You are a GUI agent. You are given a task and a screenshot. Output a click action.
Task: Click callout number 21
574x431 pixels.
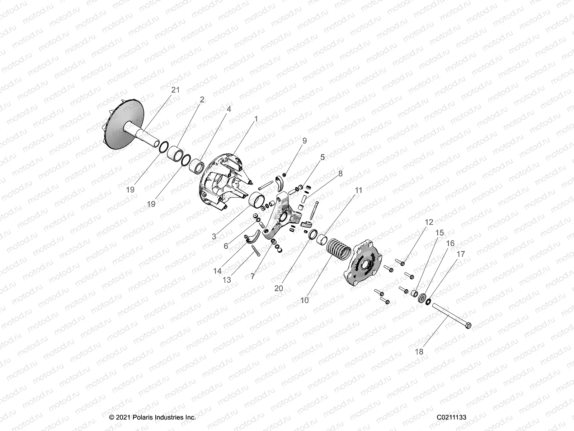(x=175, y=90)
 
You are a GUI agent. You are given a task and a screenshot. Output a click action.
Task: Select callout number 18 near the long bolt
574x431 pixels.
(x=419, y=352)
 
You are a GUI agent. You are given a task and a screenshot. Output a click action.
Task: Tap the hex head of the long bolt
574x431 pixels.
(x=467, y=326)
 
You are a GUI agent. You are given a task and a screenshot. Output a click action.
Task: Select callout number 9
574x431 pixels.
(x=304, y=141)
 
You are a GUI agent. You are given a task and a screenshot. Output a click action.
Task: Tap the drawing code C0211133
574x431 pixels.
(x=451, y=417)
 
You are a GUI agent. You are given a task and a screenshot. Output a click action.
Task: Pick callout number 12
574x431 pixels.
(x=429, y=222)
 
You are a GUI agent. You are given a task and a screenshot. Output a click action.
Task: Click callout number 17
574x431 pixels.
(x=461, y=254)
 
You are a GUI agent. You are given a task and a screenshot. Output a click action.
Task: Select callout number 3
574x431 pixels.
(x=214, y=236)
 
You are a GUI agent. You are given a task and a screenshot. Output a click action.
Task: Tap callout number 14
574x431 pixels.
(x=217, y=271)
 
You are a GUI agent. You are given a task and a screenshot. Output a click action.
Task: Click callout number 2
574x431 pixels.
(x=202, y=99)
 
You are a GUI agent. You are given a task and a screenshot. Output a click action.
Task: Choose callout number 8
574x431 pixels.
(x=340, y=173)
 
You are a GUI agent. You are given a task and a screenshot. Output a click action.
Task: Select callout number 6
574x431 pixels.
(x=226, y=246)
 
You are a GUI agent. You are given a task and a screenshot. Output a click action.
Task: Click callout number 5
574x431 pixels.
(x=322, y=157)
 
